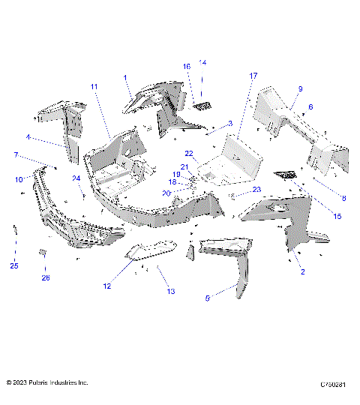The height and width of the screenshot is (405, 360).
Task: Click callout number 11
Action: tap(94, 88)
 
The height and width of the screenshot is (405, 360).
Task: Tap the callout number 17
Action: tap(253, 76)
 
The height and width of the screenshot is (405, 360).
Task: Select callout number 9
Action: tap(300, 88)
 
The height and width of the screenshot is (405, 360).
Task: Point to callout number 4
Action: tap(28, 137)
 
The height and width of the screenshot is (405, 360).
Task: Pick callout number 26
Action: tap(45, 277)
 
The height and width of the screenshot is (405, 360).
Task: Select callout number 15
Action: tap(337, 216)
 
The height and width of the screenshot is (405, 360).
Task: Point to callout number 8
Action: tap(344, 198)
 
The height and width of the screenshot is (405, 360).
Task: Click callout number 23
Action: tap(256, 190)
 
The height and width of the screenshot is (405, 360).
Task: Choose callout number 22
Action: tap(190, 153)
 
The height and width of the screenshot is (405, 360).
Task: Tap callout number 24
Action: tap(76, 178)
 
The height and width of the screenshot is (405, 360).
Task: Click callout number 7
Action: tap(16, 154)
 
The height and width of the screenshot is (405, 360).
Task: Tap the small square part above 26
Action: tap(43, 252)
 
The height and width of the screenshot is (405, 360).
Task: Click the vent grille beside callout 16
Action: tap(202, 106)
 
